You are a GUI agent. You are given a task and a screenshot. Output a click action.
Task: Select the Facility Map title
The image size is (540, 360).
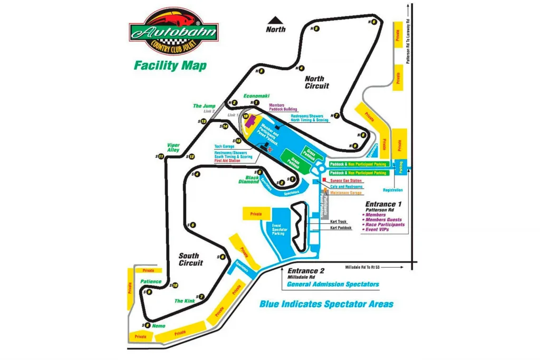[x=170, y=66]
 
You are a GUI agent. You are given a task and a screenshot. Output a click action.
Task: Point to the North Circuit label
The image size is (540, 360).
[x=317, y=82]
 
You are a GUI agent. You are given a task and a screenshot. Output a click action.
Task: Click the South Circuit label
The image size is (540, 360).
[x=190, y=259]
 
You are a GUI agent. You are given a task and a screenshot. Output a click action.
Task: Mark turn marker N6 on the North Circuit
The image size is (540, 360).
[x=373, y=22]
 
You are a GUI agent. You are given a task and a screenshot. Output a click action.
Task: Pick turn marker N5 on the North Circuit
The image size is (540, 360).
[x=316, y=28]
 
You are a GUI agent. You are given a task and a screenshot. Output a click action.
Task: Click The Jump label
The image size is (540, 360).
[x=204, y=106]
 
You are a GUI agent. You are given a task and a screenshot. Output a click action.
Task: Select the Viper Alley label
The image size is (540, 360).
[x=173, y=148]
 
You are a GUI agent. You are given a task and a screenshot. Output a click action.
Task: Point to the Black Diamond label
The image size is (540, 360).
[x=248, y=179]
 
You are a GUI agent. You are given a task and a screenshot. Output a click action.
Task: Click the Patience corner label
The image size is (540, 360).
[x=151, y=281]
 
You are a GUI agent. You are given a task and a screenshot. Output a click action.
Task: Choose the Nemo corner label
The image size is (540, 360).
[x=158, y=326]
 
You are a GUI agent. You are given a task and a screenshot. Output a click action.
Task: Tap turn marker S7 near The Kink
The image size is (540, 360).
[x=201, y=297]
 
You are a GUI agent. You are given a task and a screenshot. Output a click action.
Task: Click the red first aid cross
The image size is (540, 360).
[x=271, y=150]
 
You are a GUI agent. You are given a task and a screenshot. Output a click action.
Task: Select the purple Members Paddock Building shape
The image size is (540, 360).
[x=249, y=119]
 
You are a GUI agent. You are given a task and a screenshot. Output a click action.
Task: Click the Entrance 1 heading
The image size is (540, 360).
[x=383, y=204]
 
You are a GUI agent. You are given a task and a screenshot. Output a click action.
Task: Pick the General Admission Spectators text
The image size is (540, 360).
[x=333, y=285]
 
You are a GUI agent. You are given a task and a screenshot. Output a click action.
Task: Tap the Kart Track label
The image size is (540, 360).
[x=339, y=222]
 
